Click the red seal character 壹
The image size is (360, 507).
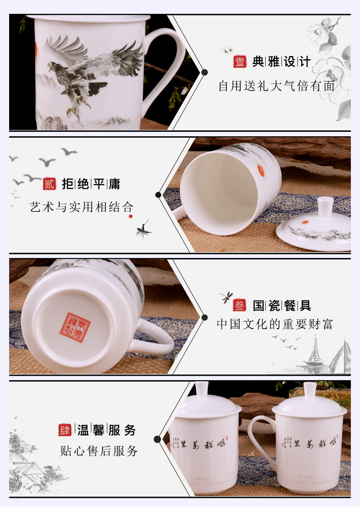pyautogui.click(x=240, y=62)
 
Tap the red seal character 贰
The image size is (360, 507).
pyautogui.click(x=49, y=184)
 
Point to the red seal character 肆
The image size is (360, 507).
pyautogui.click(x=65, y=429)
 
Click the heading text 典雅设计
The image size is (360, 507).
pyautogui.click(x=282, y=62)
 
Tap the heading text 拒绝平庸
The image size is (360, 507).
pyautogui.click(x=91, y=184)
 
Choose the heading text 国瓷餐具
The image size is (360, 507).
pyautogui.click(x=282, y=305)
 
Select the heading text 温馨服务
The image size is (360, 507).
pyautogui.click(x=107, y=430)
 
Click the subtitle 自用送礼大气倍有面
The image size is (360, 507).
pyautogui.click(x=277, y=86)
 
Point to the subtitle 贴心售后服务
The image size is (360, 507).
pyautogui.click(x=99, y=451)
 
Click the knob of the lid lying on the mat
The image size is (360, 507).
pyautogui.click(x=324, y=207)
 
